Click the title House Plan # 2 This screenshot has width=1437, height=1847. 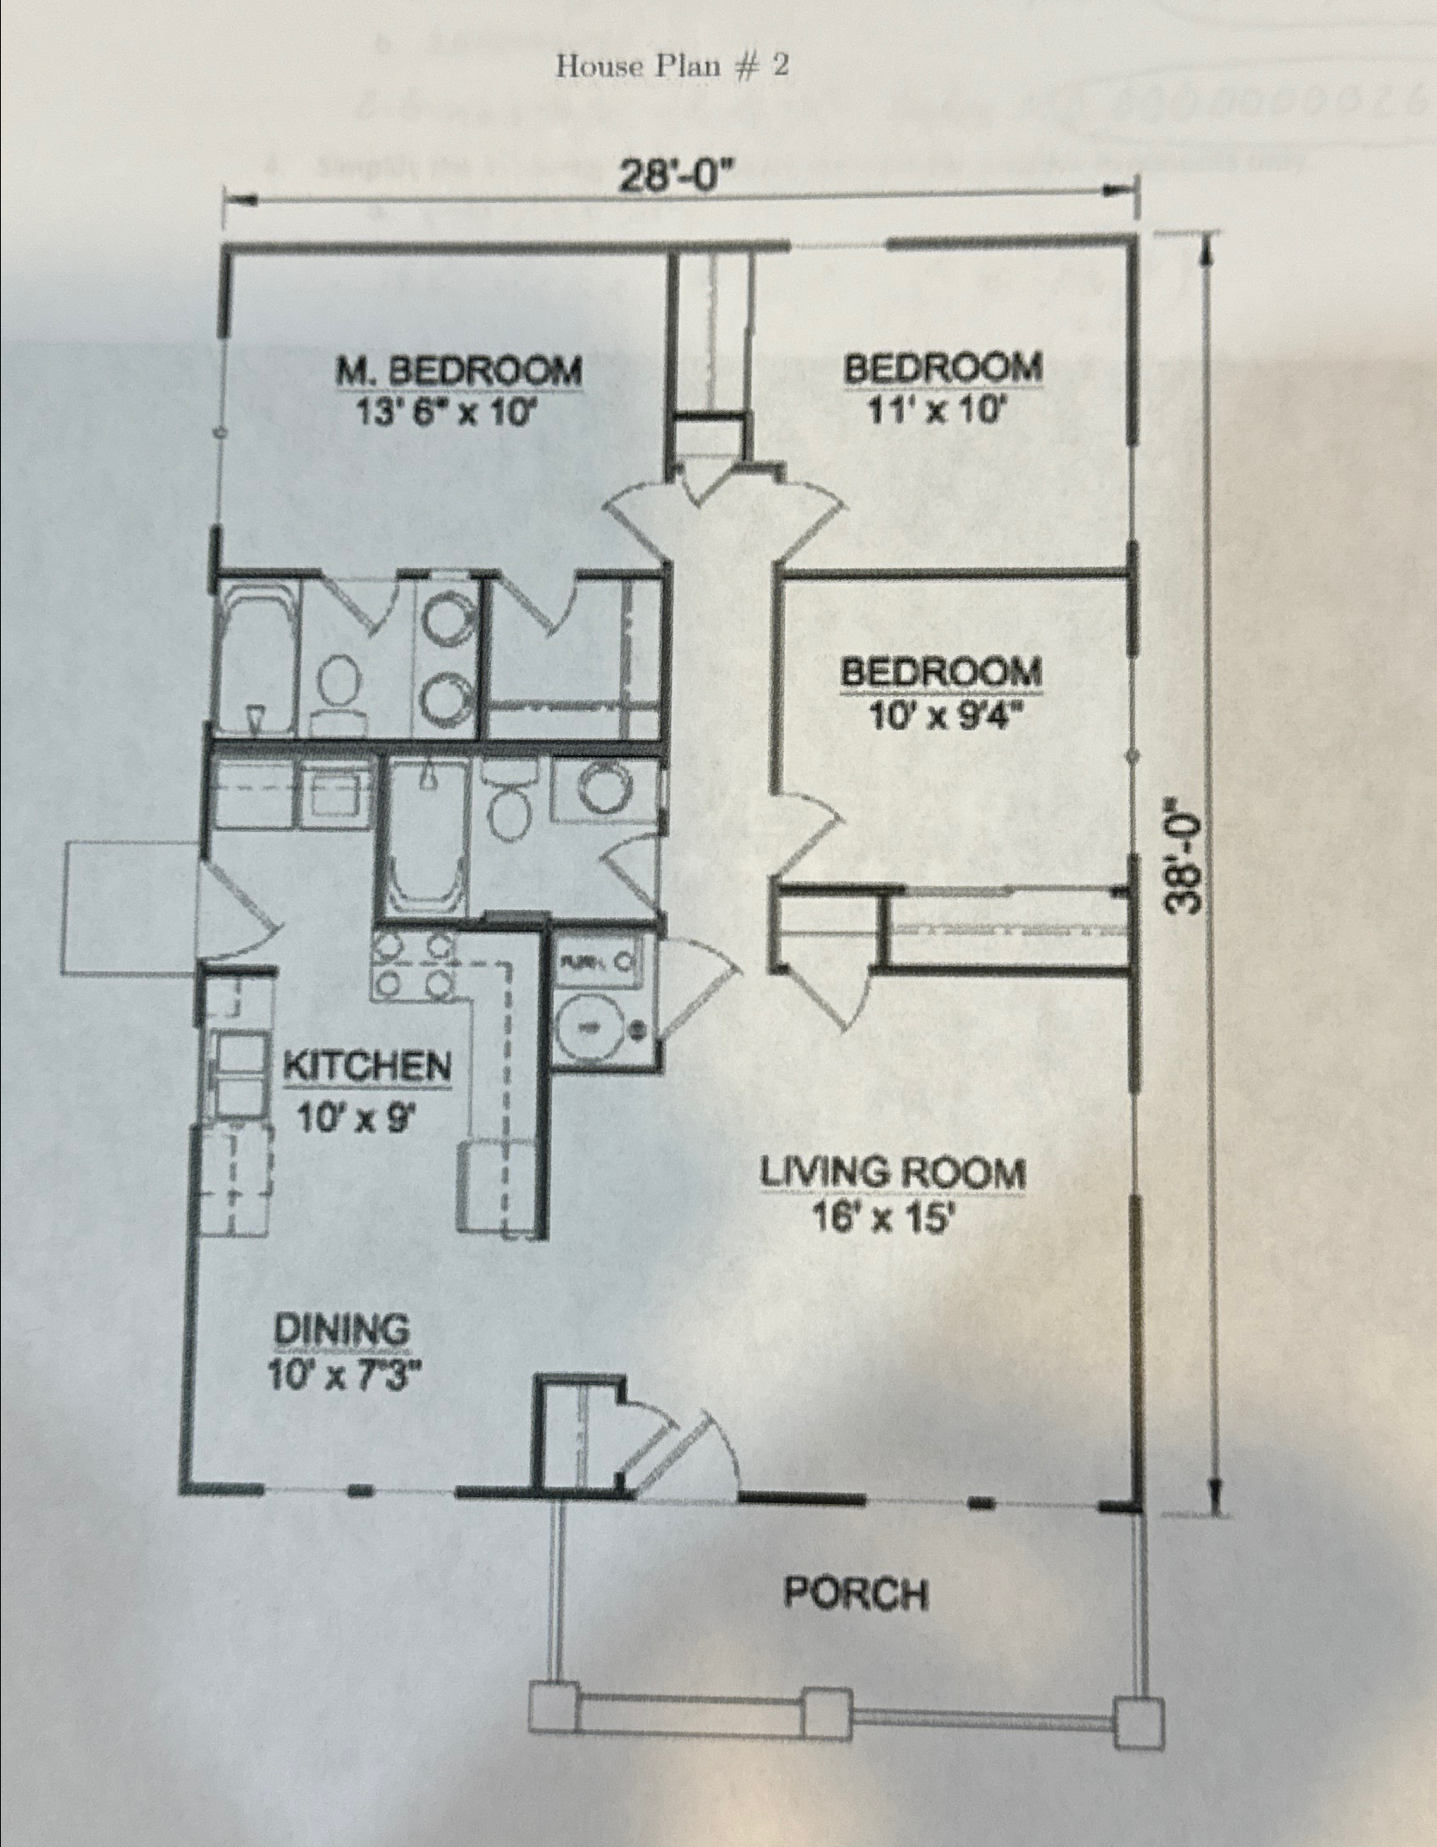[x=672, y=66]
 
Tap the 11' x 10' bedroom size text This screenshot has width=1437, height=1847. [x=937, y=414]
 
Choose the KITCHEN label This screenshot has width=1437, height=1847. [x=367, y=1068]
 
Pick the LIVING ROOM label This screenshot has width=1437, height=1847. [x=892, y=1174]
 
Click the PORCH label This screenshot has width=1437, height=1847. [x=856, y=1594]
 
